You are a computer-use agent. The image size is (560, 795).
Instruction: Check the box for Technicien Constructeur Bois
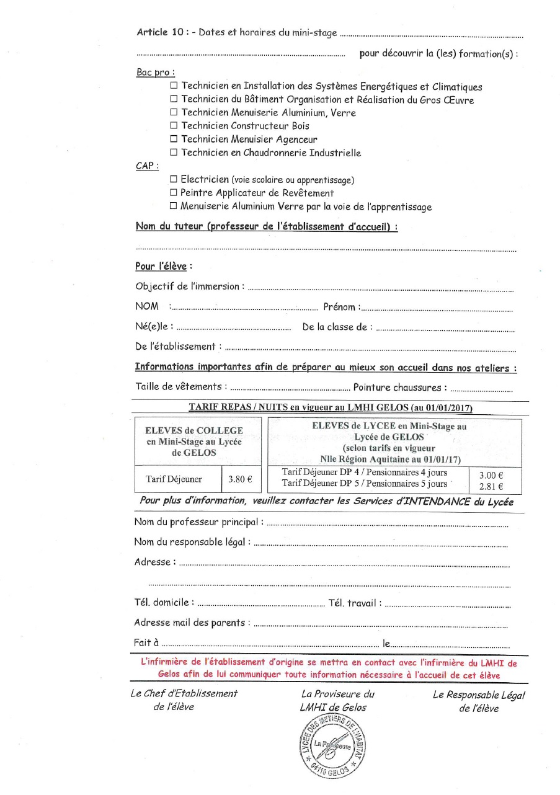tap(174, 127)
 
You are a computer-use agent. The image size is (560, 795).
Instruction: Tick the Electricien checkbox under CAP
tap(174, 180)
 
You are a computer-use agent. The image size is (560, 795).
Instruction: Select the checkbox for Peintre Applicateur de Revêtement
tap(174, 193)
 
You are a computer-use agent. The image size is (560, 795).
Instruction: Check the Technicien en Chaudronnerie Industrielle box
tap(174, 153)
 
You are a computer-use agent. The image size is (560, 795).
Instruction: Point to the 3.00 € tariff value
tap(491, 476)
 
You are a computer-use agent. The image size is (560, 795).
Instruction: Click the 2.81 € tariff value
tap(491, 487)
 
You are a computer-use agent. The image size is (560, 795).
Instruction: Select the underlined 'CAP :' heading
tap(147, 166)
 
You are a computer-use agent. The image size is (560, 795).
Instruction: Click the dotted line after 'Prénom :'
tap(437, 308)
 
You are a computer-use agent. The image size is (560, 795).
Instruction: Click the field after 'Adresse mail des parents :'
tap(381, 624)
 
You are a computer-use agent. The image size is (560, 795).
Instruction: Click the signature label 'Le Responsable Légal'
tap(479, 695)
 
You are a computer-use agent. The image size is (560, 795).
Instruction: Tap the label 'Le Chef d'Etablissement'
tap(184, 694)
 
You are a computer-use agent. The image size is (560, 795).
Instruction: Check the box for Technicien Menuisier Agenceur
tap(174, 140)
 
